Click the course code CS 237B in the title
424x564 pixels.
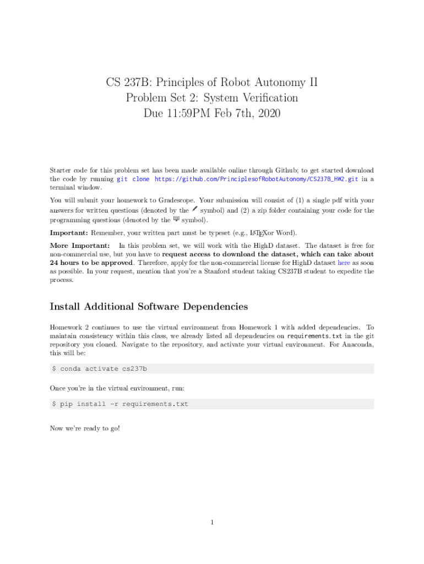click(x=126, y=83)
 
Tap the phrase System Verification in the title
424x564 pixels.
click(x=253, y=99)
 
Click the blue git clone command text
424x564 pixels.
click(x=133, y=179)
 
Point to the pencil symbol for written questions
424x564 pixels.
click(x=194, y=209)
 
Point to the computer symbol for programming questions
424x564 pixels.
click(x=176, y=219)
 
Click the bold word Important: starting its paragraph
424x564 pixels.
click(x=69, y=233)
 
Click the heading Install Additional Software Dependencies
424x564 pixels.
click(x=149, y=307)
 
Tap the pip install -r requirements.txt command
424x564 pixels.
click(x=124, y=404)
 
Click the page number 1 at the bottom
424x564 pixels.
click(x=211, y=523)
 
